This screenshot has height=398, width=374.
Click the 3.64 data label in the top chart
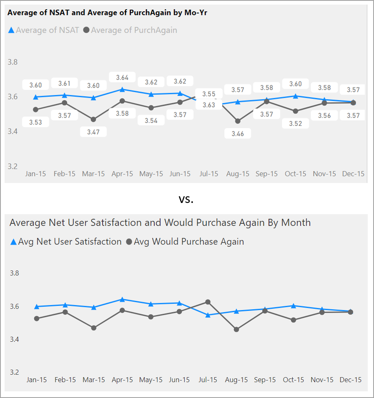(122, 77)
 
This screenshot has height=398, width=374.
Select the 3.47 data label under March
(93, 132)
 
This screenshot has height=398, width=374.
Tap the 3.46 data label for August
(238, 133)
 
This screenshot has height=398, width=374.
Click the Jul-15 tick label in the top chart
(209, 174)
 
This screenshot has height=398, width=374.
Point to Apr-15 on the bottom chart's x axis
(123, 380)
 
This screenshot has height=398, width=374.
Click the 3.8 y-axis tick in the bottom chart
(15, 273)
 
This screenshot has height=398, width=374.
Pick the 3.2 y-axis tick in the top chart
(13, 166)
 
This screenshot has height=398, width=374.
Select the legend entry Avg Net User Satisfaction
(70, 242)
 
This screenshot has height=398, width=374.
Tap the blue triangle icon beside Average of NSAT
(11, 30)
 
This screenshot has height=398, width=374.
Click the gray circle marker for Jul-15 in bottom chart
(208, 302)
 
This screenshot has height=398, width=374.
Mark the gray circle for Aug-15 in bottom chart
(237, 329)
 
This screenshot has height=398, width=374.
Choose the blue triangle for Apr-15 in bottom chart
(122, 299)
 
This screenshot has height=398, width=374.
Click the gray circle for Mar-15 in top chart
(93, 120)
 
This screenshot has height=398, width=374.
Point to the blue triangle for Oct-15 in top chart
(296, 96)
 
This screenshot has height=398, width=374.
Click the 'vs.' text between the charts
(186, 200)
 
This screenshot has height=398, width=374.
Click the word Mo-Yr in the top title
(195, 13)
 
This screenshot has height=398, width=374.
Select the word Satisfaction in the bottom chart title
(115, 223)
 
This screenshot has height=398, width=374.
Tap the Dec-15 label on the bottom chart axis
(351, 380)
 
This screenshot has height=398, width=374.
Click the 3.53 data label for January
(35, 122)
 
